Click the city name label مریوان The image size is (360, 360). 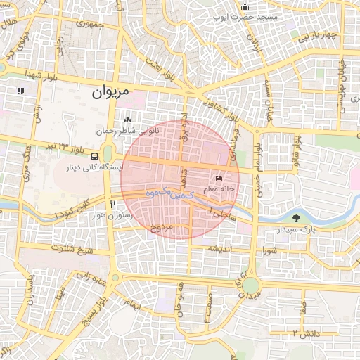point(112,92)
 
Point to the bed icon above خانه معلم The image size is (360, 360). point(219,179)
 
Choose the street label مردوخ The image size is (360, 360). point(162,227)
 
